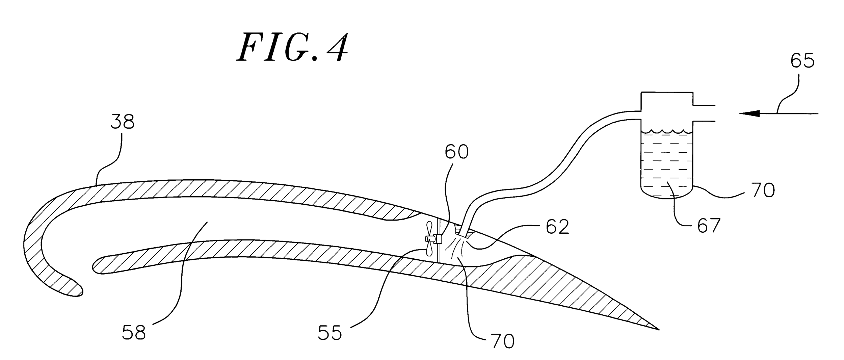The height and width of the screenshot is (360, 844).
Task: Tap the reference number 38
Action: (123, 122)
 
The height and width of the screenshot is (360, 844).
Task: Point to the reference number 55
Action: (329, 333)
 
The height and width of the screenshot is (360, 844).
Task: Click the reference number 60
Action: (456, 152)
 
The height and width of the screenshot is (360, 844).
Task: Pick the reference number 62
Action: (557, 227)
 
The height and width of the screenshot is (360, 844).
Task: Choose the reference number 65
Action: (802, 61)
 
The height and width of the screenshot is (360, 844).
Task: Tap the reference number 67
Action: (708, 226)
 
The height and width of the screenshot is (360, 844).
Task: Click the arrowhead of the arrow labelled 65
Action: (748, 113)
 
